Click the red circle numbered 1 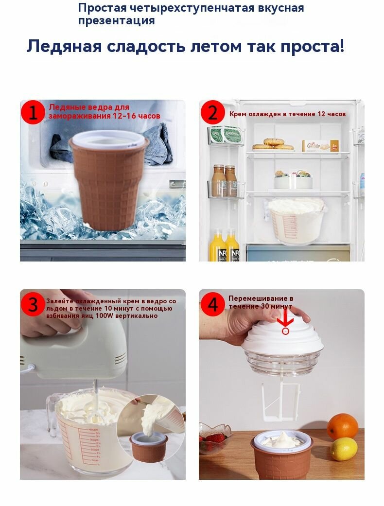33,113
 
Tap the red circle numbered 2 212,113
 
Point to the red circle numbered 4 212,304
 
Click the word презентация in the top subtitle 116,20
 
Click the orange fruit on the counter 342,426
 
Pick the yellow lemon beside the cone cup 344,449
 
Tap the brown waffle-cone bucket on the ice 108,179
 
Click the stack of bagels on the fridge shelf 273,144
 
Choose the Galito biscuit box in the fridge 320,145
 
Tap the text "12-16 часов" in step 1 137,116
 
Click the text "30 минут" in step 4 276,306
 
